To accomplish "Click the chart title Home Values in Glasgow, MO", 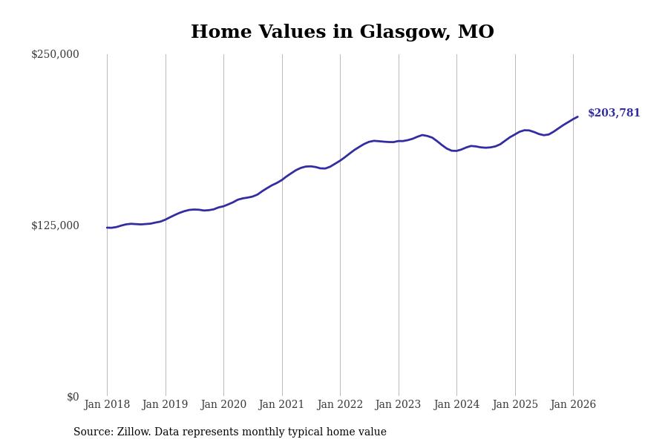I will (342, 33).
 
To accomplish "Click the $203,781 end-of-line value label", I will (614, 113).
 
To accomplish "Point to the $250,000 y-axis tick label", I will (55, 54).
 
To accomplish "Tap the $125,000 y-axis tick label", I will (55, 225).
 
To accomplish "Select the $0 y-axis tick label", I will (73, 397).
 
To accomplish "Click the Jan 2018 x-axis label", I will (107, 405).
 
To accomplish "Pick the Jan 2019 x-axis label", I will (166, 405).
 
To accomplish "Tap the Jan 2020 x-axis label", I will (223, 405).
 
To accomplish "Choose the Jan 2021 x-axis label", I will (282, 405).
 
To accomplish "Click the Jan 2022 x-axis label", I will (340, 405).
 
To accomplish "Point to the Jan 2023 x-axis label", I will (399, 405).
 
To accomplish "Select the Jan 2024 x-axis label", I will (456, 405).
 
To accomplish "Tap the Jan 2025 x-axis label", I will (515, 405).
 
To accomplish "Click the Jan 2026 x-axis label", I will (573, 405).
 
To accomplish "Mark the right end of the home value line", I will (577, 116).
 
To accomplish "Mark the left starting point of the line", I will (107, 228).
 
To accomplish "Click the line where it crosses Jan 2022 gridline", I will (340, 160).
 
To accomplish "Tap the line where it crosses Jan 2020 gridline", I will (223, 205).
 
